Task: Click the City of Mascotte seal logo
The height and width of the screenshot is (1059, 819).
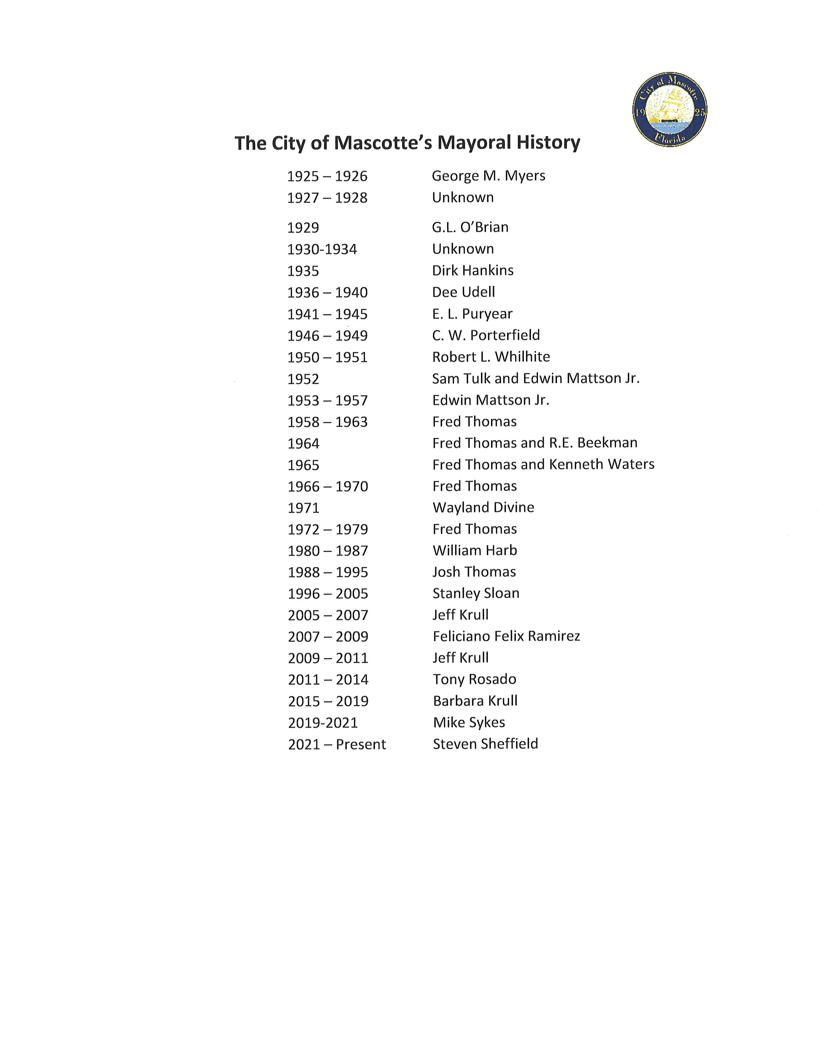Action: [670, 109]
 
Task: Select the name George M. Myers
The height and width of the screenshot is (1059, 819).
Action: [488, 176]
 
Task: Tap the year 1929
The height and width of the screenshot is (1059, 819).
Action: [303, 228]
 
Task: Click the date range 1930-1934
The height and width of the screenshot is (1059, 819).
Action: [322, 249]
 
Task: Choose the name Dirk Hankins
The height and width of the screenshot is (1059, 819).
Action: [472, 270]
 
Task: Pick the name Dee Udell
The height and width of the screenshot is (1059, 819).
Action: [463, 292]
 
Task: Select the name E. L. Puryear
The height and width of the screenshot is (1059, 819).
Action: [472, 314]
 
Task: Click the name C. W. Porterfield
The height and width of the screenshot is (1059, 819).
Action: [486, 335]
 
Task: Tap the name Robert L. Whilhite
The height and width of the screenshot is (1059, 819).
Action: [491, 357]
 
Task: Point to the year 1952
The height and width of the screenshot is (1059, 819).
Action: [303, 379]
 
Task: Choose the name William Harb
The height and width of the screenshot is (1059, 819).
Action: [474, 550]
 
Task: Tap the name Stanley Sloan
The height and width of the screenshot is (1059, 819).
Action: [475, 593]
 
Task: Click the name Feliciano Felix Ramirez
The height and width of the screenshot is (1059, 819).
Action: [506, 636]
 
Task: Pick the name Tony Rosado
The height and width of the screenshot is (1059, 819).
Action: [474, 679]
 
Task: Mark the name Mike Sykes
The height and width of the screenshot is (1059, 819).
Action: [469, 722]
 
